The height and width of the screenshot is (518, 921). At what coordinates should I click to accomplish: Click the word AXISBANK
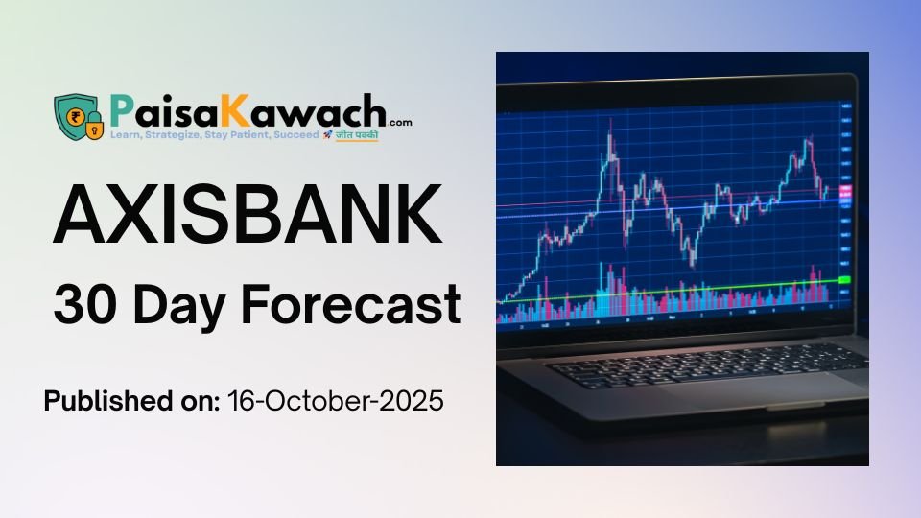(x=248, y=217)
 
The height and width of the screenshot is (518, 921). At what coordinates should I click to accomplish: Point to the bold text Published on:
(x=131, y=401)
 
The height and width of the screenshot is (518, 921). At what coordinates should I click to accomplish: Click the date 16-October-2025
(x=336, y=401)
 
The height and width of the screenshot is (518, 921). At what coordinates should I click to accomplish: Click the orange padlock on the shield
(x=93, y=126)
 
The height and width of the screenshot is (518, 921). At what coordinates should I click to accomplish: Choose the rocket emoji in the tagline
(x=327, y=135)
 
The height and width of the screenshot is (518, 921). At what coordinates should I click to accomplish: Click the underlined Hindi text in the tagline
(x=356, y=135)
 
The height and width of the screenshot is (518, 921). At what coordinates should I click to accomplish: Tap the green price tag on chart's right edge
(x=844, y=279)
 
